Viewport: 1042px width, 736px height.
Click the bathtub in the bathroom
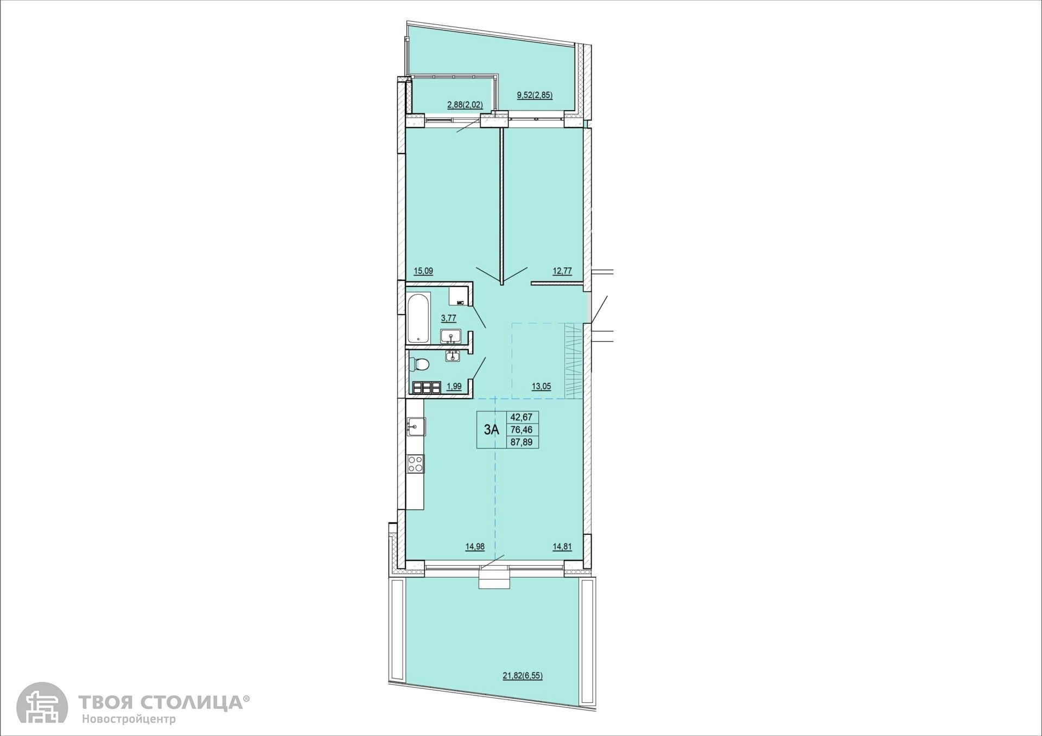418,318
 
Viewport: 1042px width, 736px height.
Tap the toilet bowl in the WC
420,364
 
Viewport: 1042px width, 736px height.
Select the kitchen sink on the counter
416,426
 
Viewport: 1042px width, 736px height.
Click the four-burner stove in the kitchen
416,464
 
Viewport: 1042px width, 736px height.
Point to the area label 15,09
423,271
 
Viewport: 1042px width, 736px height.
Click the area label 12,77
562,271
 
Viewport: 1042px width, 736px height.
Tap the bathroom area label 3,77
448,318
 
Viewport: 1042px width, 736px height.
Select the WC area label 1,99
454,387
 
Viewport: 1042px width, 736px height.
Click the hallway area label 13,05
541,387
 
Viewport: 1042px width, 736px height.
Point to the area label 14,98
475,547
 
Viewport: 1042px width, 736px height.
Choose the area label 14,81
562,547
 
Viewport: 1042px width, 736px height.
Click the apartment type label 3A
491,430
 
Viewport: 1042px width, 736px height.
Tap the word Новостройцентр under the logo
129,720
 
